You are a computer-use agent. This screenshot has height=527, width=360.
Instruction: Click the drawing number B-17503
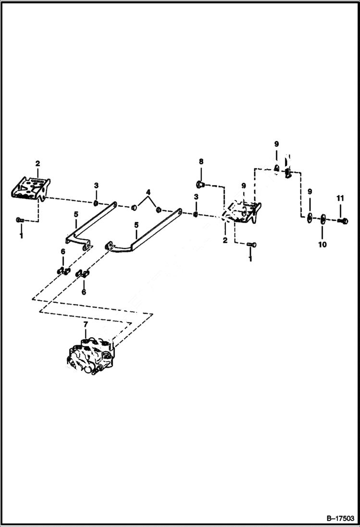point(339,518)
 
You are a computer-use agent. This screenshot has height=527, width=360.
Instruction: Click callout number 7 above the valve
point(86,325)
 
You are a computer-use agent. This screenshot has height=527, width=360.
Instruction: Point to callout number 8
point(201,162)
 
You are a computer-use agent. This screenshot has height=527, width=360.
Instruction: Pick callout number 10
point(322,245)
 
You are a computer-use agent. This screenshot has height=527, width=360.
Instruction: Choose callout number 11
point(340,197)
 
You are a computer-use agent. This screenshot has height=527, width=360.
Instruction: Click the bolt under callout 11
point(343,220)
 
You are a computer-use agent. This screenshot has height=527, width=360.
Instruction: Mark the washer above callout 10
point(323,220)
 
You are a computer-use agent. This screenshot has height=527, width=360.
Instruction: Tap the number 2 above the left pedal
point(38,163)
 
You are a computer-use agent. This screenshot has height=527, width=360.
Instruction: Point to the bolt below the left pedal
point(19,220)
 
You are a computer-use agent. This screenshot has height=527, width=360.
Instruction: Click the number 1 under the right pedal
point(250,259)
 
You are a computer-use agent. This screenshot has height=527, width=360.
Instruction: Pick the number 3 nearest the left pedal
point(96,185)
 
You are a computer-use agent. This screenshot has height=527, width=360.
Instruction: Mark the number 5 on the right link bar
point(137,224)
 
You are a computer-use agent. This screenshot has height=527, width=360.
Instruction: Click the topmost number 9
point(276,144)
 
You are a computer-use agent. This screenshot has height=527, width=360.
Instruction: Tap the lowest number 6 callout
point(84,292)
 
